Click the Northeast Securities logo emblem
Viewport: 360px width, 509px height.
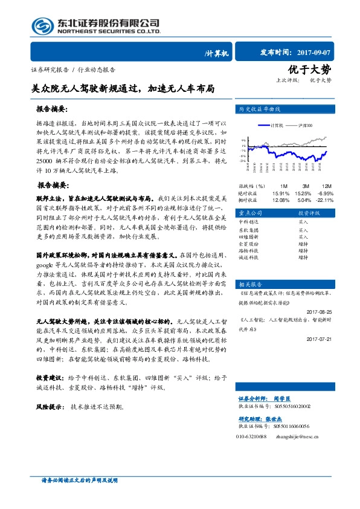pos(42,25)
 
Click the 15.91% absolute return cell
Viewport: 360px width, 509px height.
pos(281,193)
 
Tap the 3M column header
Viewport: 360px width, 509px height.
pos(306,186)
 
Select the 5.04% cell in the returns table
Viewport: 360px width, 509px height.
pos(304,199)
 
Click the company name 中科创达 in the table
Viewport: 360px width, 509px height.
pos(249,222)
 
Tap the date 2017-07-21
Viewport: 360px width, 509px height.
pos(321,339)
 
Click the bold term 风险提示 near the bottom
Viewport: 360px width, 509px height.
pos(51,406)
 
